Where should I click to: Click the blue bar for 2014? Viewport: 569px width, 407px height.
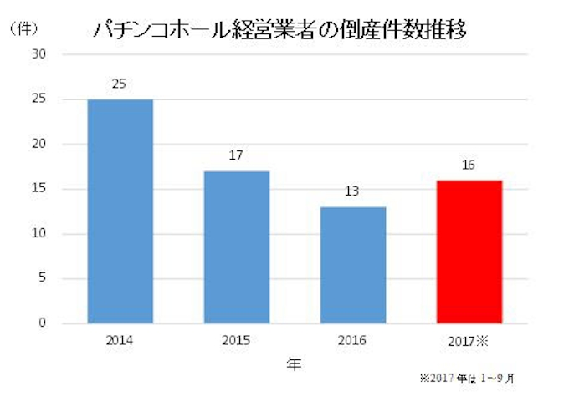(x=120, y=211)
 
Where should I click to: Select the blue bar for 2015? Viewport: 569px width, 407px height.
(x=236, y=247)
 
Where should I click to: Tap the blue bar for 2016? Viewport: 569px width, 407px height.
(x=352, y=264)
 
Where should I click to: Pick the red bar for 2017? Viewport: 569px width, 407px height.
(x=469, y=251)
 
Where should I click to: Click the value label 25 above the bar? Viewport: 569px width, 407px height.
(x=120, y=84)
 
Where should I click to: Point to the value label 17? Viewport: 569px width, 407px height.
(x=236, y=155)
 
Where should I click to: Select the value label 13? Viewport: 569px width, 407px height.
(x=352, y=191)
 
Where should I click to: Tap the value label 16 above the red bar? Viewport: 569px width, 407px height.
(x=469, y=165)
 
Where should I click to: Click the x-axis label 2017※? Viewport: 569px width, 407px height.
(x=470, y=341)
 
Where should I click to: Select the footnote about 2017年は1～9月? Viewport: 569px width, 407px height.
(x=466, y=379)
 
